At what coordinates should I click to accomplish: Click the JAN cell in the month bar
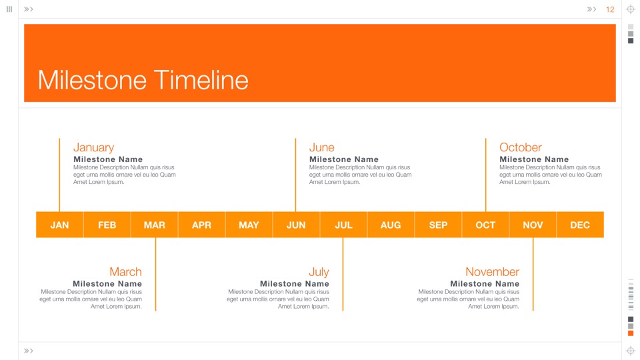click(x=59, y=225)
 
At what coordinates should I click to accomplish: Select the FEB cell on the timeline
click(x=107, y=225)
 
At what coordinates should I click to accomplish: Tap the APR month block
click(x=201, y=225)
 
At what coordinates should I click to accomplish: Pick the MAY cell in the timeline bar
click(x=249, y=225)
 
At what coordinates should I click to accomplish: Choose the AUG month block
click(x=391, y=225)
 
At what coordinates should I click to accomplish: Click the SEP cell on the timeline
click(x=438, y=225)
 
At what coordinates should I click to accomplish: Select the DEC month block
click(x=580, y=225)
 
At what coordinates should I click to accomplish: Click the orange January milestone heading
click(x=93, y=147)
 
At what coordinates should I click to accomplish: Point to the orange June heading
click(x=321, y=147)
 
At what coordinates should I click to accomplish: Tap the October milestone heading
click(x=521, y=147)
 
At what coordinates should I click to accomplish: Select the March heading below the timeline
click(x=125, y=272)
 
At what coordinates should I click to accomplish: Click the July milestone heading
click(x=319, y=272)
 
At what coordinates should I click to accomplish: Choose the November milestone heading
click(x=492, y=272)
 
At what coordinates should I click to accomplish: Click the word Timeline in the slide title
click(x=201, y=80)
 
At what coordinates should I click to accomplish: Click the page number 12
click(x=610, y=9)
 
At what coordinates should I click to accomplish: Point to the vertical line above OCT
click(x=486, y=175)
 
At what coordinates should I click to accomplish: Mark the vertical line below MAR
click(x=155, y=274)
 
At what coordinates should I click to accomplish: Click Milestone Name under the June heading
click(x=344, y=159)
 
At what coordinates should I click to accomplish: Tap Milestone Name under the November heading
click(x=485, y=284)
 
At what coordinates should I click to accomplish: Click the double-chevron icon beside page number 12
click(x=591, y=9)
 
